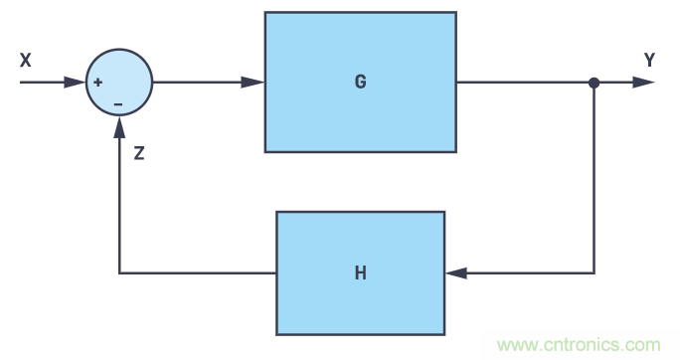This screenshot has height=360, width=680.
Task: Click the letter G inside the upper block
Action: pyautogui.click(x=360, y=82)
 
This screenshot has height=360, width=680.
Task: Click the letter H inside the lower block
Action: pyautogui.click(x=360, y=272)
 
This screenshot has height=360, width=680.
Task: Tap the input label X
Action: pyautogui.click(x=26, y=61)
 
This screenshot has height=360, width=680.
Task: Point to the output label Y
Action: pyautogui.click(x=649, y=61)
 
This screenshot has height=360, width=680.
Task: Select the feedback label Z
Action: pyautogui.click(x=139, y=154)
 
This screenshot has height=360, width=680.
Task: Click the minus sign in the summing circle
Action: pyautogui.click(x=118, y=103)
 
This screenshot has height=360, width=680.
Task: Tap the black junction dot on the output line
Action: pyautogui.click(x=594, y=83)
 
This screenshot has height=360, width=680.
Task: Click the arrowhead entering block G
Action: pyautogui.click(x=255, y=83)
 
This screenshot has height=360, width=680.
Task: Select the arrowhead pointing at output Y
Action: pyautogui.click(x=644, y=83)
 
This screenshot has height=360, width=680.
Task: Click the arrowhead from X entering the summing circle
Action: pyautogui.click(x=76, y=83)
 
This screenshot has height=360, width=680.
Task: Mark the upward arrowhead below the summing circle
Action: pyautogui.click(x=119, y=125)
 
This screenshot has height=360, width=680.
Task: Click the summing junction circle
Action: pyautogui.click(x=118, y=83)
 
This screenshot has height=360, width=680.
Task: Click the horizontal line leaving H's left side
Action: pyautogui.click(x=199, y=272)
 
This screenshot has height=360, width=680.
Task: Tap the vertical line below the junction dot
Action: pyautogui.click(x=594, y=179)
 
